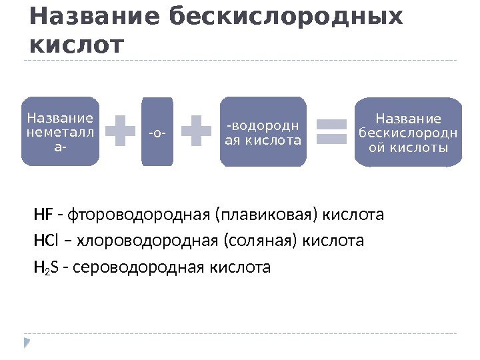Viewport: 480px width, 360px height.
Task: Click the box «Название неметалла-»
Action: point(60,131)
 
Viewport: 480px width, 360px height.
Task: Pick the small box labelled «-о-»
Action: point(157,131)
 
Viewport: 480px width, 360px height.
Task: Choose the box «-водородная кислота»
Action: point(263,131)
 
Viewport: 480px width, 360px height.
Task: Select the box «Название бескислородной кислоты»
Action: point(407,131)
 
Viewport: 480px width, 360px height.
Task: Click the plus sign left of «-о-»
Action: point(121,131)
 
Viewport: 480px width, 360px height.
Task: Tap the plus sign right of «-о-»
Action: point(197,131)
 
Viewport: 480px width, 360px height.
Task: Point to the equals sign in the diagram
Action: point(330,131)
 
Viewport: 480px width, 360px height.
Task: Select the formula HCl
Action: point(45,241)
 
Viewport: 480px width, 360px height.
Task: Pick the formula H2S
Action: point(44,268)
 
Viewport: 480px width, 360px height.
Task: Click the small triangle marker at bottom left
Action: point(27,343)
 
